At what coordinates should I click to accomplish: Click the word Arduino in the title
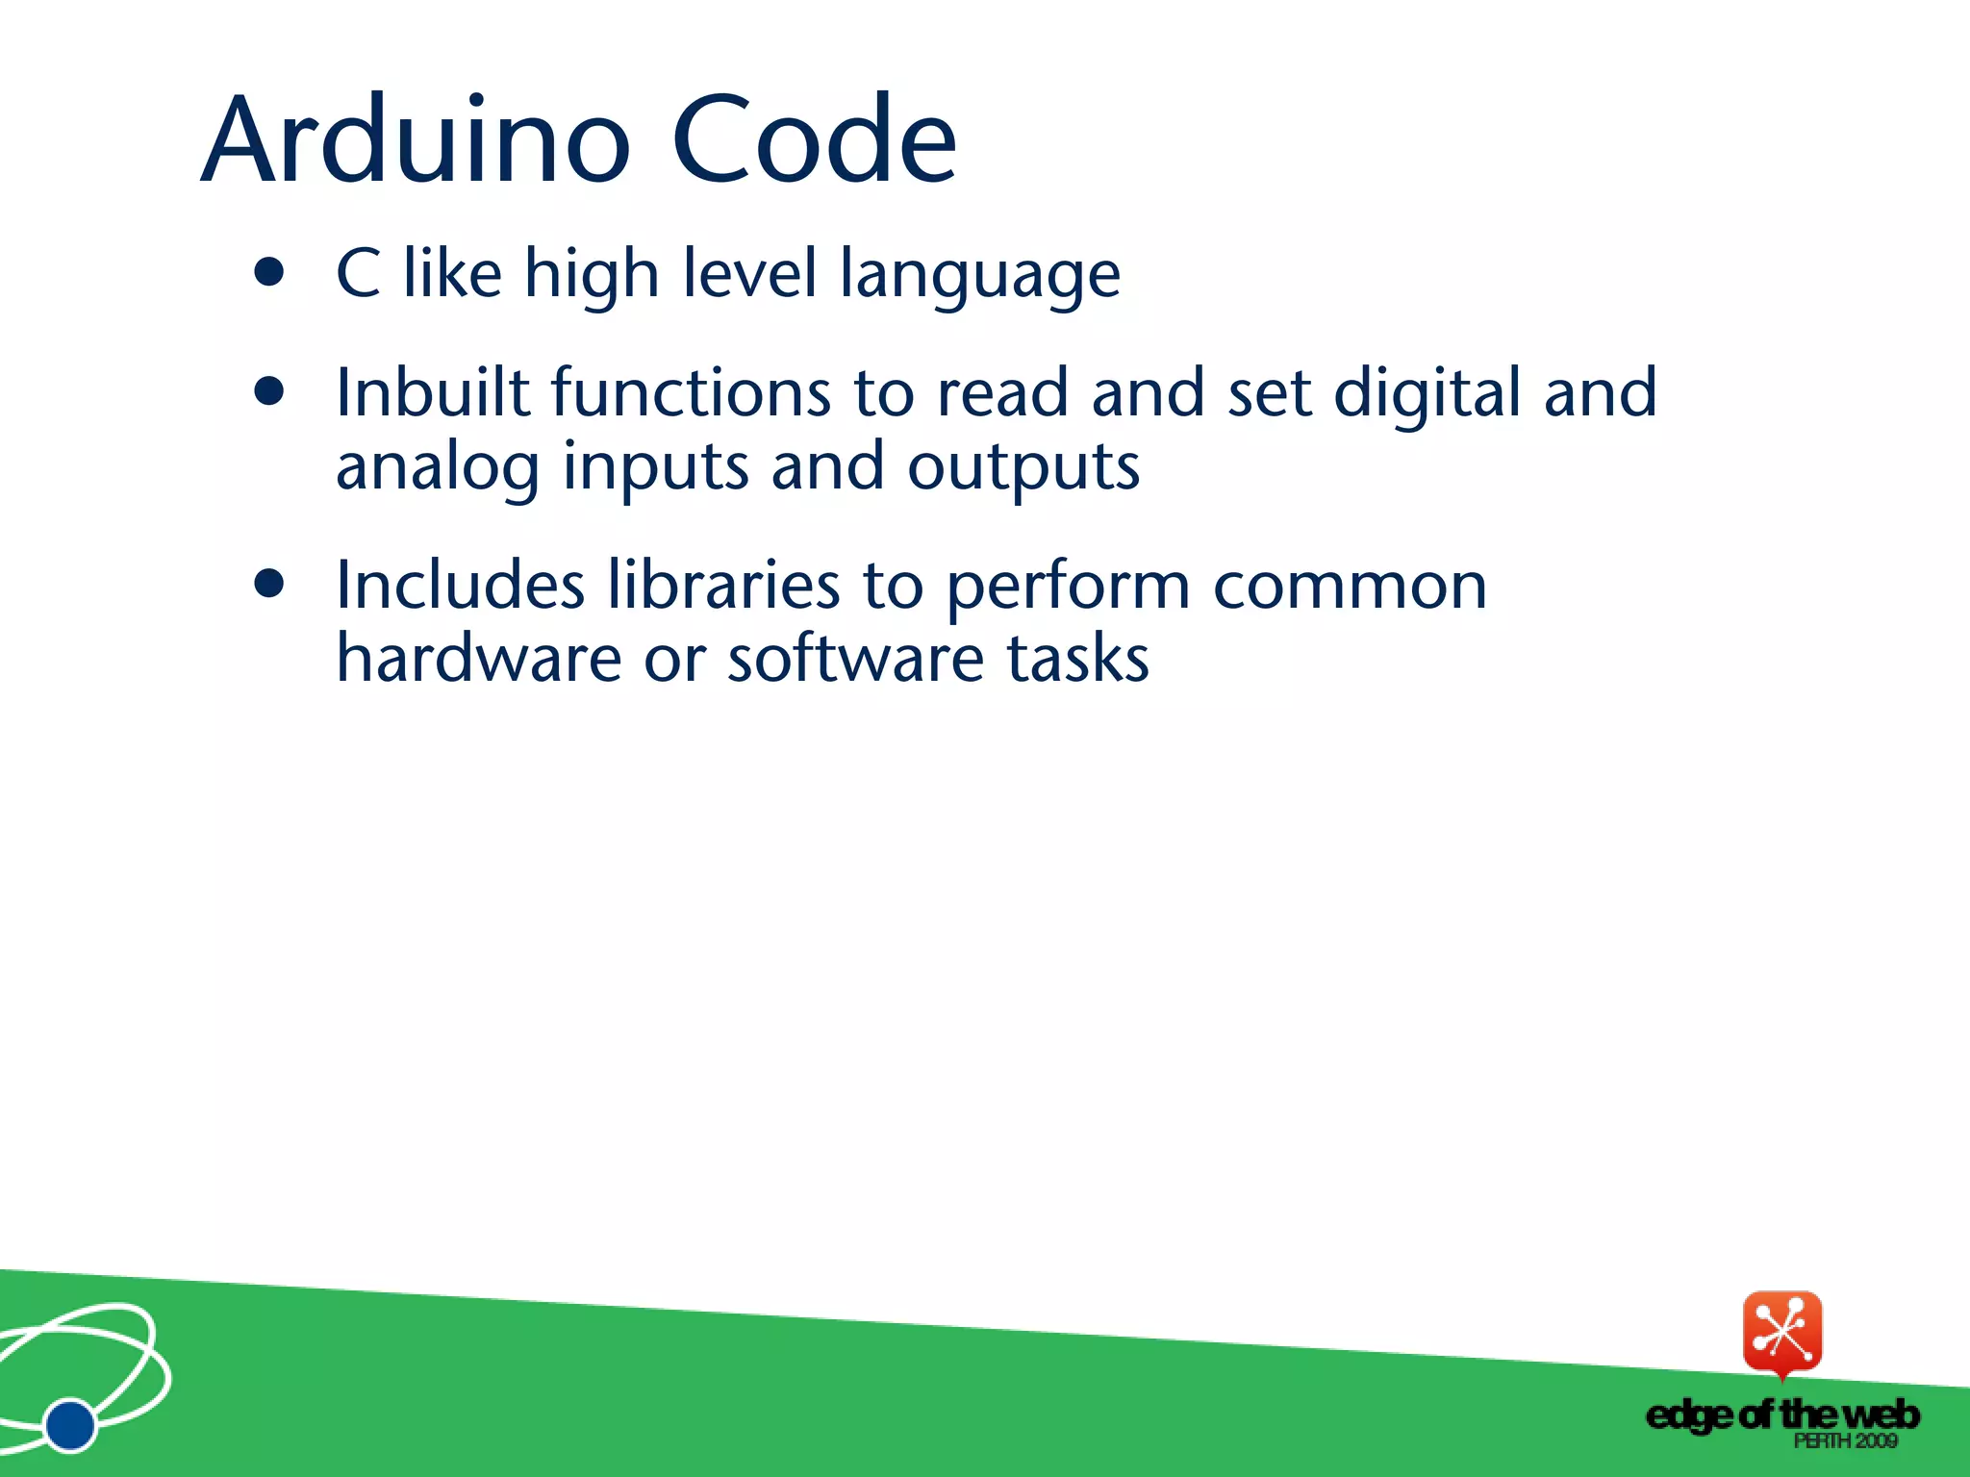(x=416, y=140)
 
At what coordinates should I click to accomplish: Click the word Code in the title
(x=814, y=140)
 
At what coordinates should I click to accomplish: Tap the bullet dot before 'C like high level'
(x=270, y=272)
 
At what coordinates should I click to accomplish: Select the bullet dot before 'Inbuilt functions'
(x=270, y=391)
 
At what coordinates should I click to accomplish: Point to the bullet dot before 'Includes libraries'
(x=270, y=584)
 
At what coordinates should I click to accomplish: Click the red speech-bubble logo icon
(x=1782, y=1333)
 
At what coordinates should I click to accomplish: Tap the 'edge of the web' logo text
(x=1782, y=1414)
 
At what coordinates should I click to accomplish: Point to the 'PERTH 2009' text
(x=1845, y=1440)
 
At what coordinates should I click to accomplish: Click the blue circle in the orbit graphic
(x=70, y=1424)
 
